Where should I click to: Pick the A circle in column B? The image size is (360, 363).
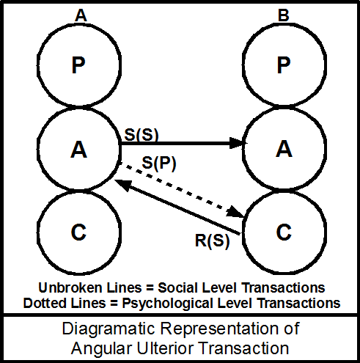click(x=282, y=150)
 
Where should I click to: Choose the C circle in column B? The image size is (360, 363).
click(x=282, y=232)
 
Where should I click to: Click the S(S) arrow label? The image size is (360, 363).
click(x=141, y=135)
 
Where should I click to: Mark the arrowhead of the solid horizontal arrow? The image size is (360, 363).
click(x=236, y=144)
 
